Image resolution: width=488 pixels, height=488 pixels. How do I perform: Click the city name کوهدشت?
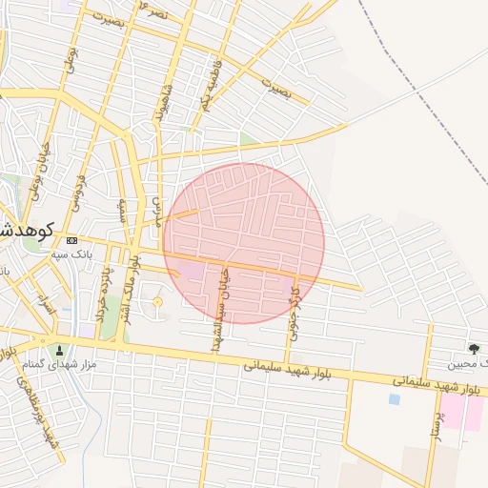(x=29, y=230)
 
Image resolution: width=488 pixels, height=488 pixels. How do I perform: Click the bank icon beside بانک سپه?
(x=72, y=241)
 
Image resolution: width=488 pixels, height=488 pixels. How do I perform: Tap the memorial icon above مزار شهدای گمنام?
(x=60, y=350)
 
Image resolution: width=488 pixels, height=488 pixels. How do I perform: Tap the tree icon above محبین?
(x=474, y=349)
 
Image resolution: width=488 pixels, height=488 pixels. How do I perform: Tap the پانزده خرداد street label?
(x=103, y=292)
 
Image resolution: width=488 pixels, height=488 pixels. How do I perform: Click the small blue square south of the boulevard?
(x=394, y=399)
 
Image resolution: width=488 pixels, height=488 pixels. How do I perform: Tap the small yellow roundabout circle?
(x=157, y=303)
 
